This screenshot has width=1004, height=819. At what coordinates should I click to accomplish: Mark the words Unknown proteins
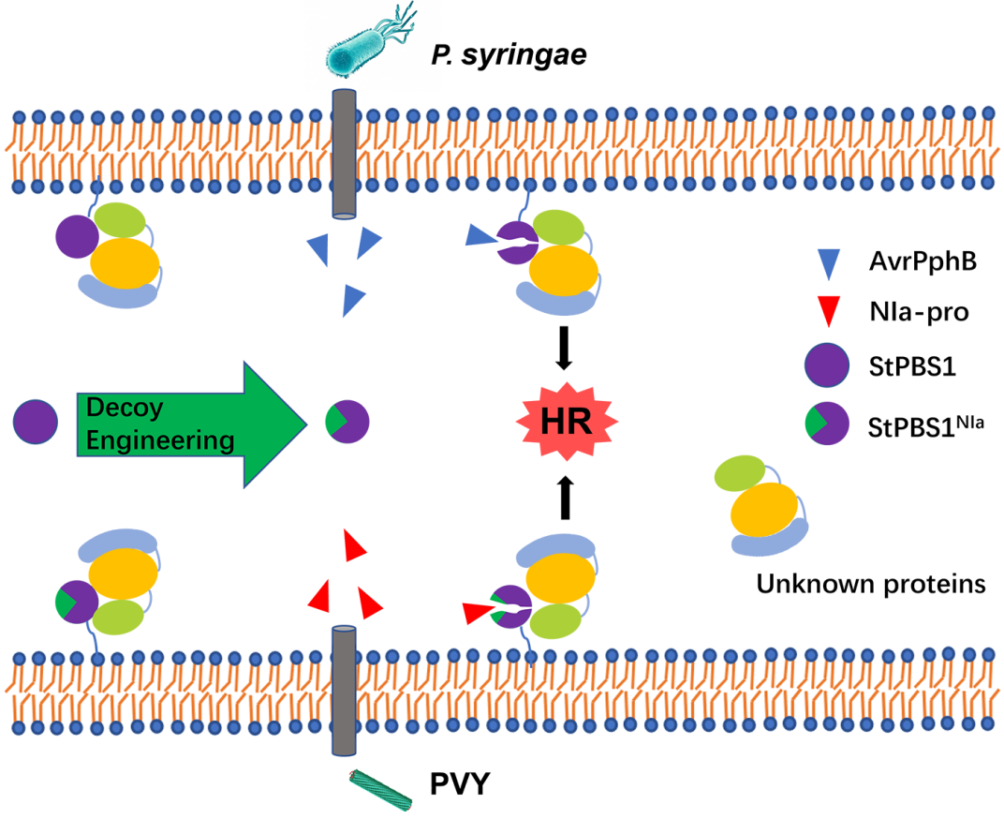[x=871, y=585]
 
